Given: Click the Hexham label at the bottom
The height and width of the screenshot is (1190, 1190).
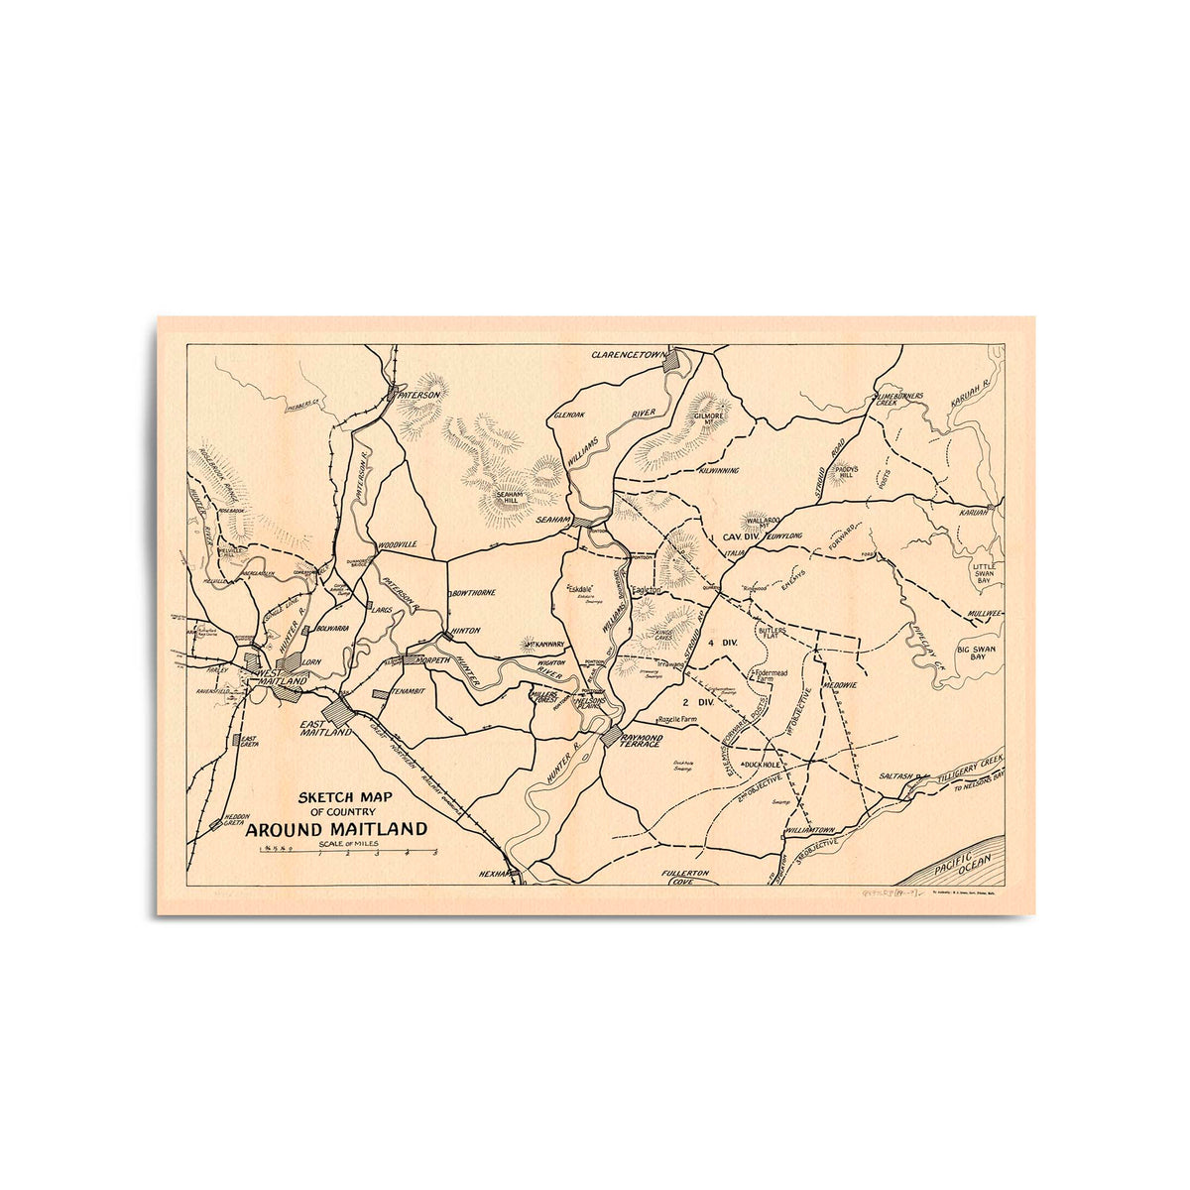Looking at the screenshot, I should pyautogui.click(x=493, y=874).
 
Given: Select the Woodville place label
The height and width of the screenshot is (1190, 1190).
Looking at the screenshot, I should pyautogui.click(x=397, y=545).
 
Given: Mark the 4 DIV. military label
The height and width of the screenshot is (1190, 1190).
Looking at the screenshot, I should pyautogui.click(x=724, y=644).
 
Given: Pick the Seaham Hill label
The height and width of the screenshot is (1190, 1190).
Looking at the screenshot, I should pyautogui.click(x=507, y=496).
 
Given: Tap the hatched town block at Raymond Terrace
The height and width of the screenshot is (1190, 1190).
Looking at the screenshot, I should pyautogui.click(x=610, y=736).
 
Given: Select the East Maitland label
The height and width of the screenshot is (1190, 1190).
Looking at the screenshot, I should pyautogui.click(x=326, y=729).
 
